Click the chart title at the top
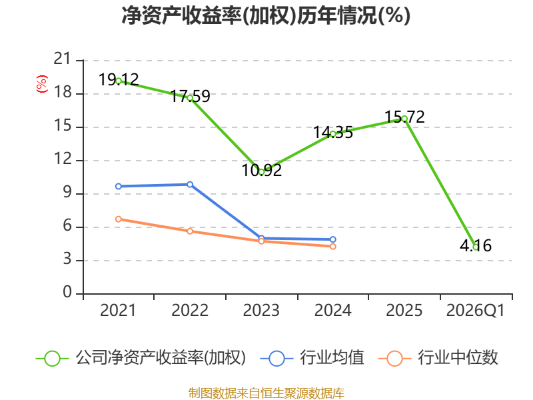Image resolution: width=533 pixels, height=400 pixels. [266, 15]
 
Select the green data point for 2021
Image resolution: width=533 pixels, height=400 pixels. [119, 81]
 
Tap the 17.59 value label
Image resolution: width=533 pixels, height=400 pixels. [190, 96]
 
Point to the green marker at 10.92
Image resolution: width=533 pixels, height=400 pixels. [261, 172]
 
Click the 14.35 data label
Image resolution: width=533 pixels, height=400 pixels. [333, 132]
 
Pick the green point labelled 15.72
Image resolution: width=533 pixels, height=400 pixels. [404, 119]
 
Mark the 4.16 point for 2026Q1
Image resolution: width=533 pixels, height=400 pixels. [476, 247]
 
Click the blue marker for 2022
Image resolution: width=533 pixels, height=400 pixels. [190, 185]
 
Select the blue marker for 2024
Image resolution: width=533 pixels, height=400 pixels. [332, 239]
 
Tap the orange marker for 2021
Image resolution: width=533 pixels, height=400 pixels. [119, 219]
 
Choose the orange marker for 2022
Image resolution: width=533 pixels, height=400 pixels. [190, 231]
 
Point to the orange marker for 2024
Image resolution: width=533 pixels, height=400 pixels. [332, 246]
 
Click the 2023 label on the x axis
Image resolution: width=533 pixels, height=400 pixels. [261, 310]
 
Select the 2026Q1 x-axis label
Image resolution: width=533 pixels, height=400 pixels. [476, 311]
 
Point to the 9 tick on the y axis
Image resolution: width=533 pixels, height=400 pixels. [67, 193]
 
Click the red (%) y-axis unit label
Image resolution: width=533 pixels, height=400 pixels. [42, 84]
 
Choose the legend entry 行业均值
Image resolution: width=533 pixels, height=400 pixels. [312, 358]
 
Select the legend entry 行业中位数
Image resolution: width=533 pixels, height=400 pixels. [438, 358]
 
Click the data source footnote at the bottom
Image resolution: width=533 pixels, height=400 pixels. [266, 393]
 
